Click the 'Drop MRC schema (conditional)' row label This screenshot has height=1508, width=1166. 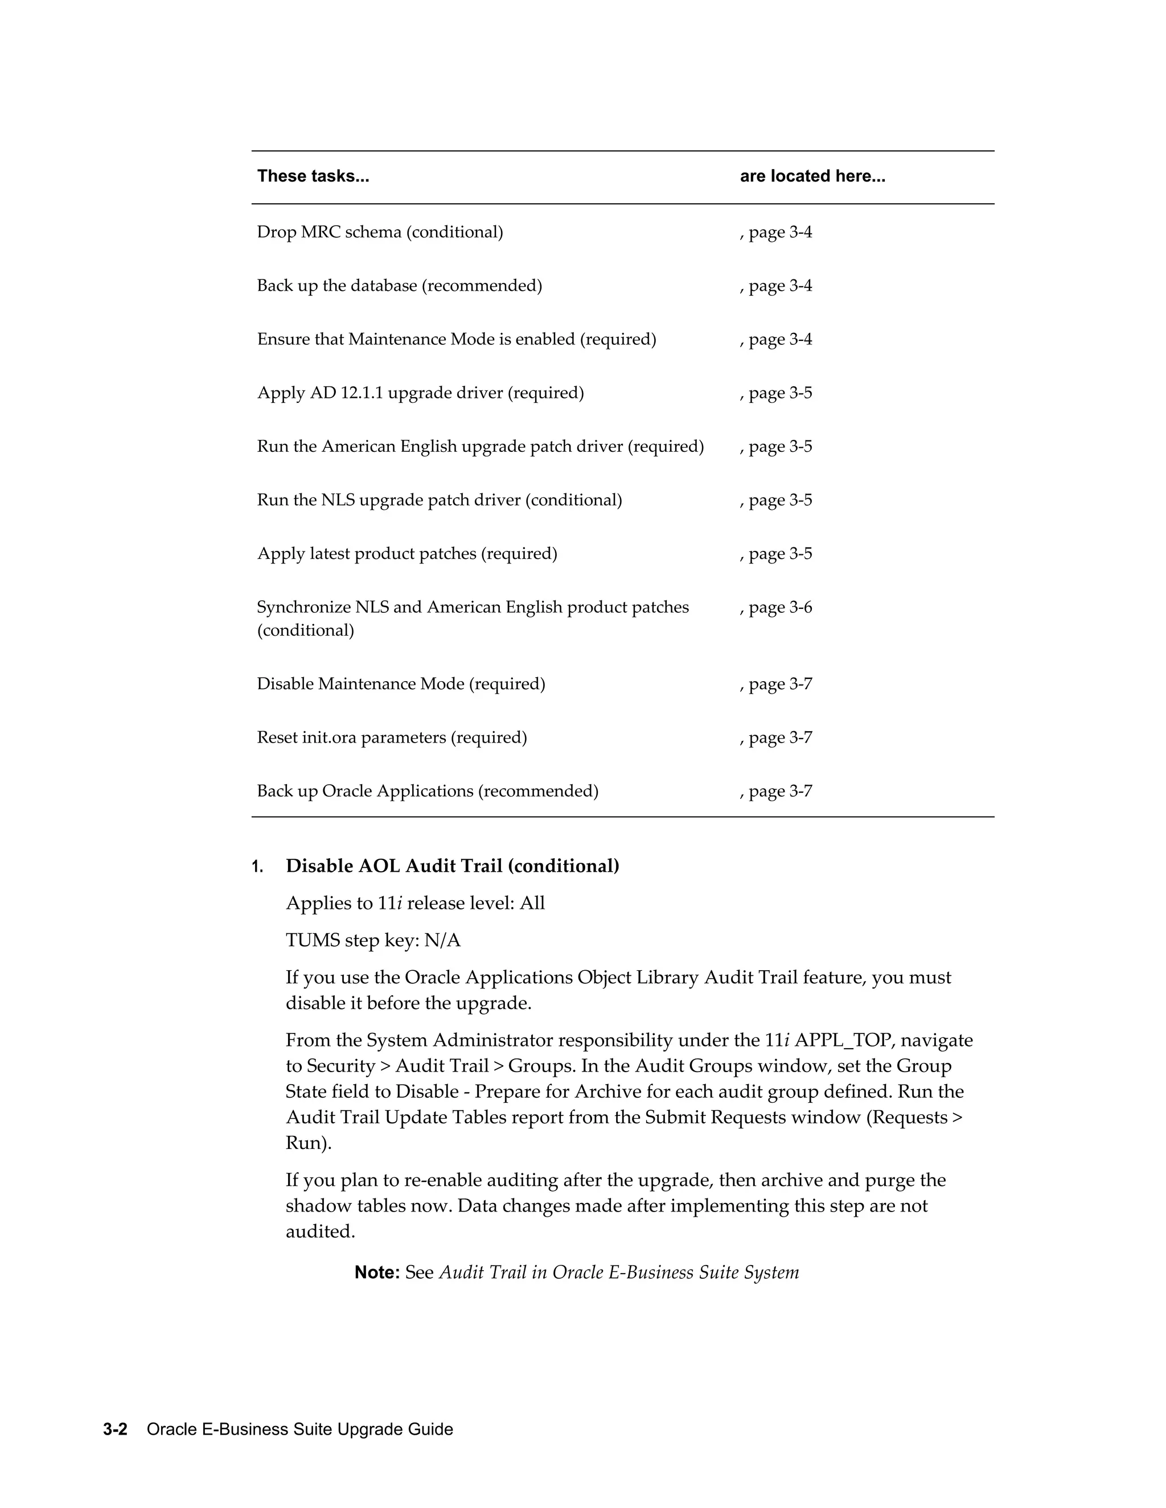380,232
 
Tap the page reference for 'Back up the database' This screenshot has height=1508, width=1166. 776,286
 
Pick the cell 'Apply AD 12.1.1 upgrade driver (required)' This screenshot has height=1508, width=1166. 420,393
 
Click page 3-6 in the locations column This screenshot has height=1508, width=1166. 776,608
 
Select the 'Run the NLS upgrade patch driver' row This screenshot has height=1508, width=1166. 440,500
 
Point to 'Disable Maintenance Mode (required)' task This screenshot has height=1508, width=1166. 401,684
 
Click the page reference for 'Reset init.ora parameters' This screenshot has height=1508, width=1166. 776,738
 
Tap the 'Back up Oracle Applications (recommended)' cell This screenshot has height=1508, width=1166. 428,792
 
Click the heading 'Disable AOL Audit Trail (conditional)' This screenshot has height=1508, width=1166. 453,866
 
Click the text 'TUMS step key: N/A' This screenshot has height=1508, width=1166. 373,941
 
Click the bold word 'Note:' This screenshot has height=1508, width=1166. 377,1272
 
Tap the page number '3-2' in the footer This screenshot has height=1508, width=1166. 116,1429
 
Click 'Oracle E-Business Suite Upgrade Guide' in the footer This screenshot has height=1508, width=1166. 300,1429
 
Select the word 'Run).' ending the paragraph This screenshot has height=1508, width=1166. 309,1143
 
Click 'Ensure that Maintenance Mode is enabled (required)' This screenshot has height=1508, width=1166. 457,340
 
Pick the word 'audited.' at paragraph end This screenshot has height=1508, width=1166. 321,1232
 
